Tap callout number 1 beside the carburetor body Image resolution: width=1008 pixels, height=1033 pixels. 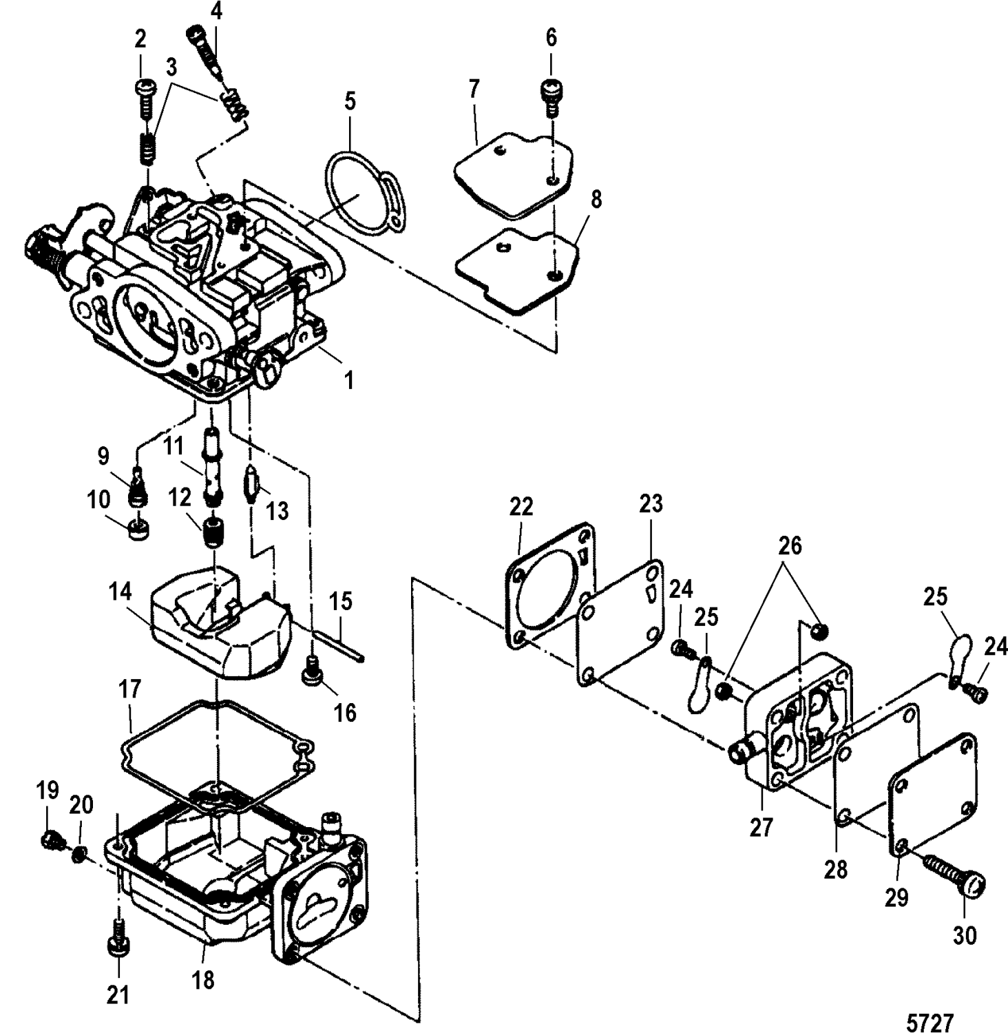coord(349,379)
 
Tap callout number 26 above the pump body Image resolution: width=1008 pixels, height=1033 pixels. coord(790,545)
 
